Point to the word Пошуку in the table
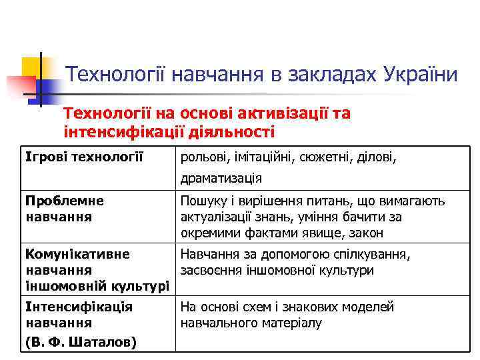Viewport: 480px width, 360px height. point(202,201)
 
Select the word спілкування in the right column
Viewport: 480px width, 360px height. point(375,254)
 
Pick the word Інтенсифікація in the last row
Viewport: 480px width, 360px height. point(79,307)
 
